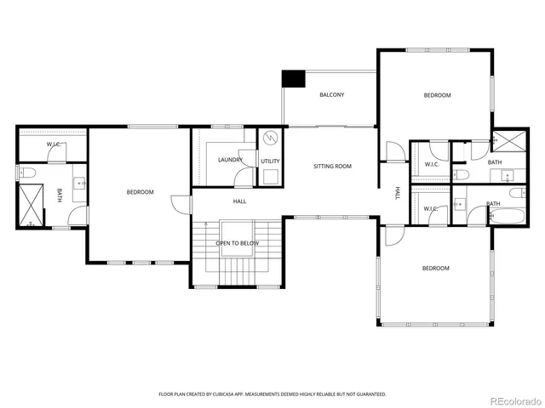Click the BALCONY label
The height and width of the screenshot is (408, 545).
[x=332, y=94]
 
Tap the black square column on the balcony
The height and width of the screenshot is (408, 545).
[x=294, y=78]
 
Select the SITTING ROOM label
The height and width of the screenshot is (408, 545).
[x=332, y=166]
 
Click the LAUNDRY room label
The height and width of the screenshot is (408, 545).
[x=230, y=160]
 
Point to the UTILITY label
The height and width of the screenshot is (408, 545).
[x=271, y=161]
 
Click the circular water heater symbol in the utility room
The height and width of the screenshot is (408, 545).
[x=271, y=138]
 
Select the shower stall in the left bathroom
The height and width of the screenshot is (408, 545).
[x=32, y=207]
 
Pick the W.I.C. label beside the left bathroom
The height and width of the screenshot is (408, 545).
[x=53, y=144]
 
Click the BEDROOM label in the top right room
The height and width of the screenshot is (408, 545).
[x=437, y=95]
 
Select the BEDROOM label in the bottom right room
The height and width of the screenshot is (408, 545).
[x=436, y=269]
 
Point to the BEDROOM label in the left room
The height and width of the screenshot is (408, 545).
[x=140, y=192]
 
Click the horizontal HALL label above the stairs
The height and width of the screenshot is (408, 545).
[x=240, y=201]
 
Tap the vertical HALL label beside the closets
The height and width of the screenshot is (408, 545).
[x=397, y=194]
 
